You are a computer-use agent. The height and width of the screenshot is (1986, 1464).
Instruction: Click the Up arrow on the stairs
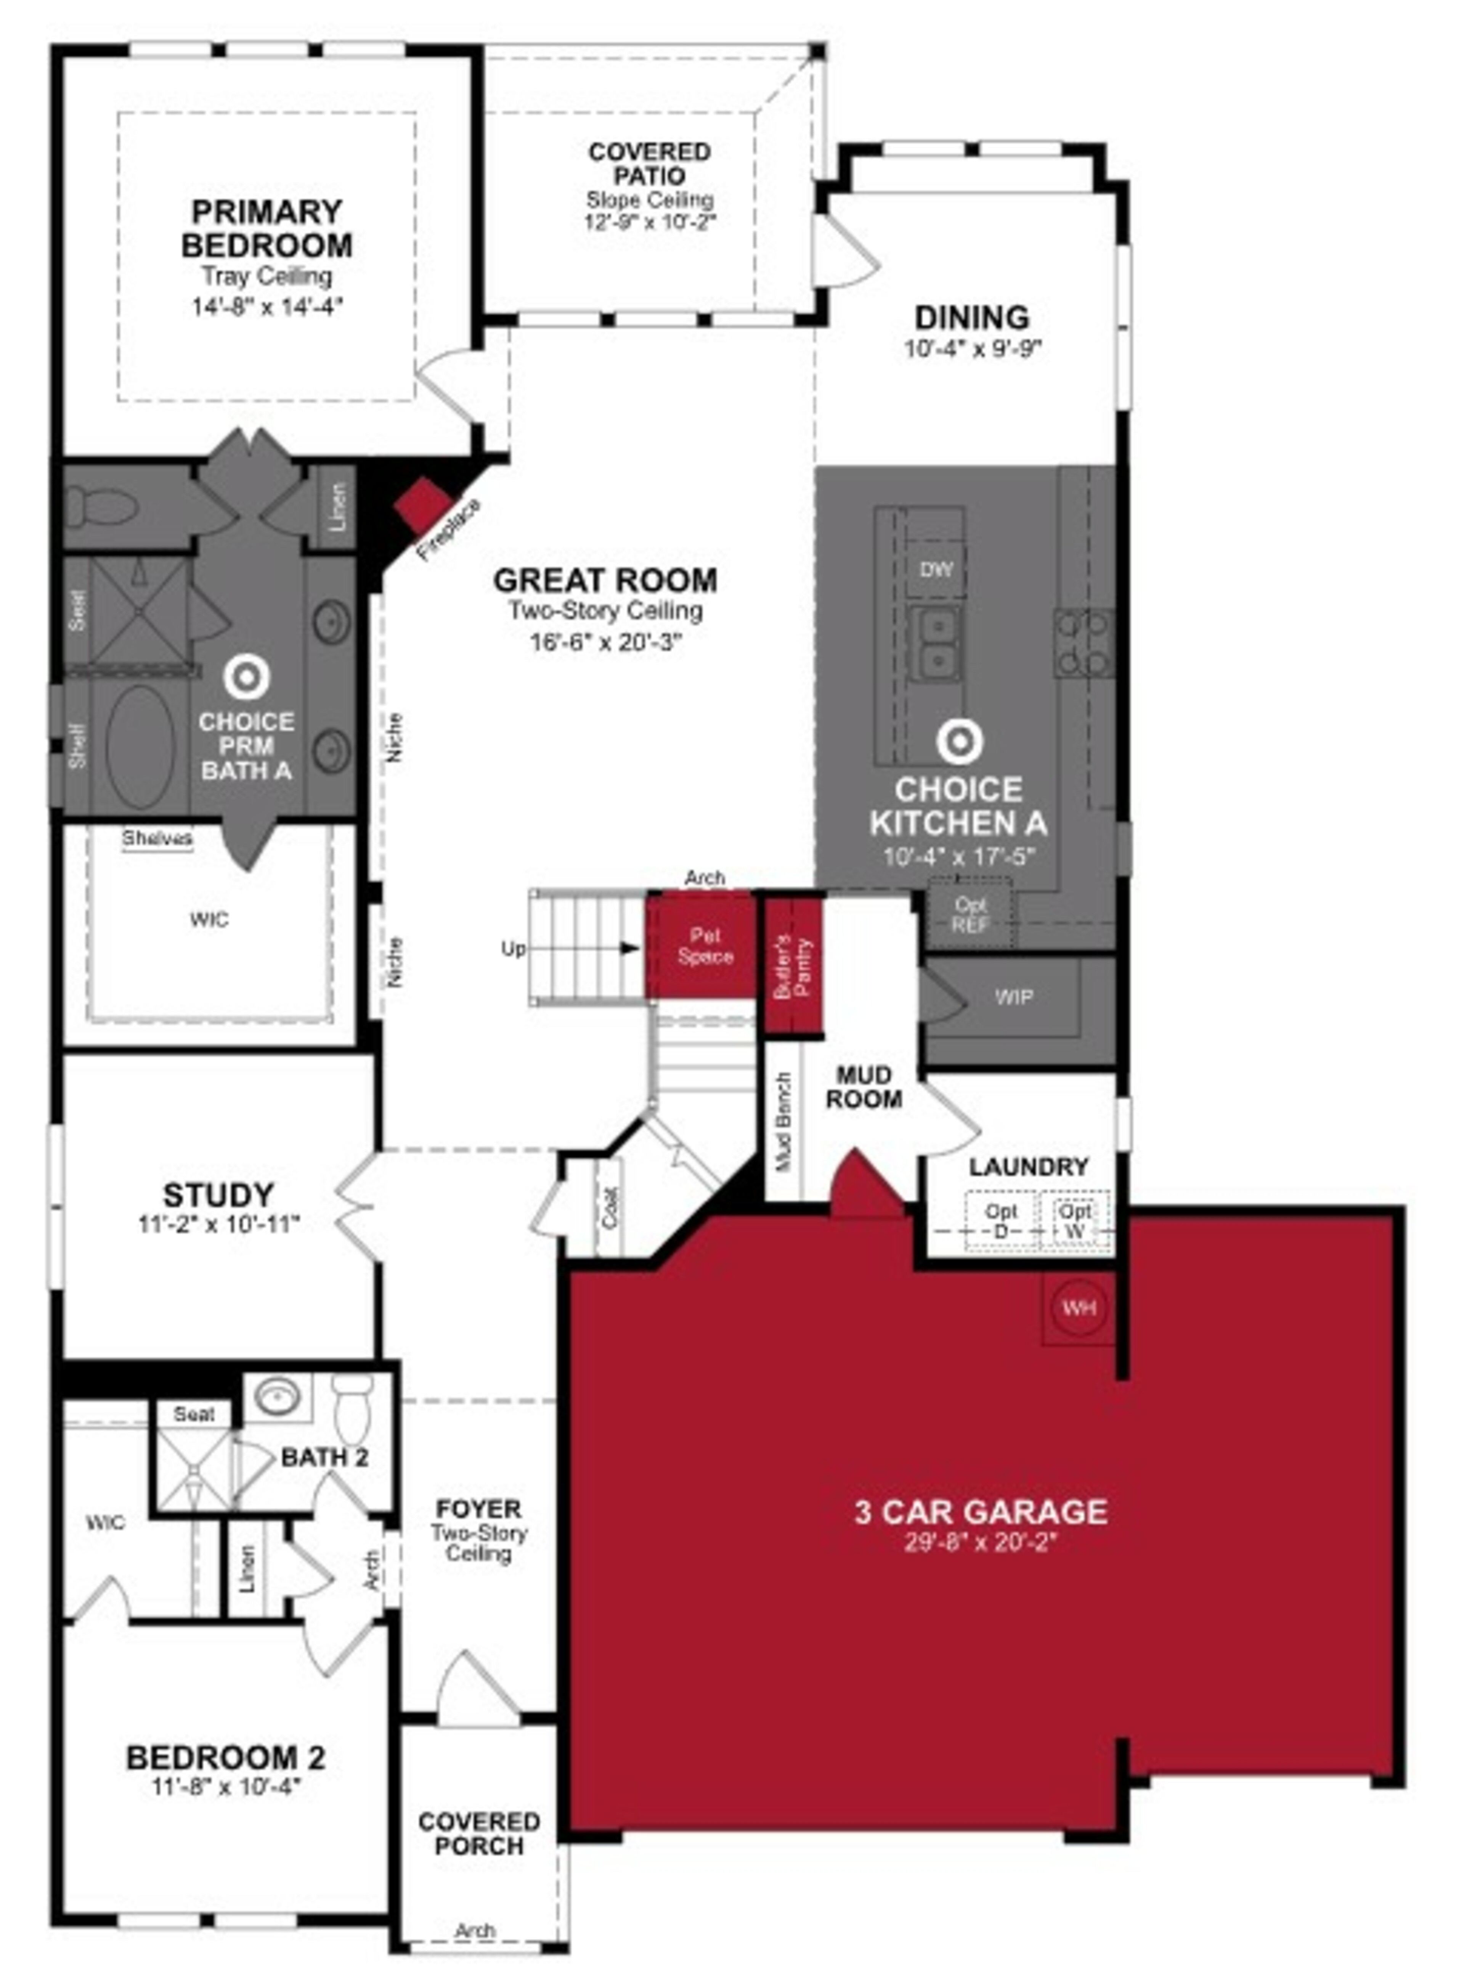629,948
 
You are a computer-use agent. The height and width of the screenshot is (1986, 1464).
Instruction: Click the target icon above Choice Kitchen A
958,740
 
